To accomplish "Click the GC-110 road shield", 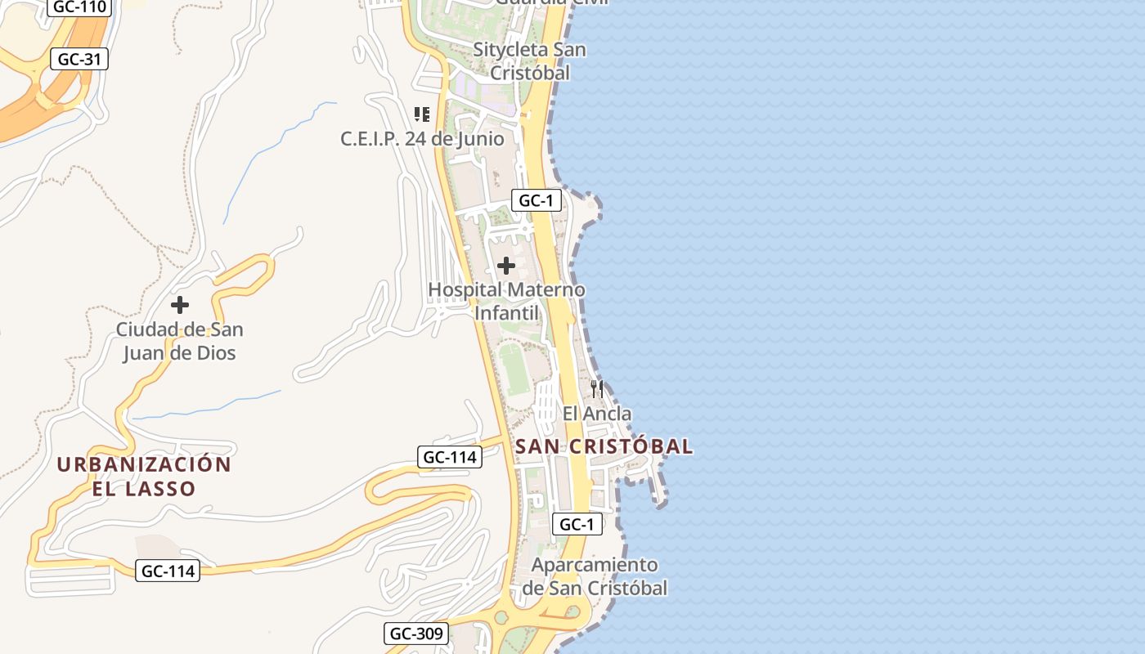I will coord(79,7).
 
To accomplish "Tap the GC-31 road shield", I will coord(79,59).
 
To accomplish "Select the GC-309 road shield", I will coord(416,633).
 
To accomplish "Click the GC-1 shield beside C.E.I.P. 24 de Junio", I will coord(537,200).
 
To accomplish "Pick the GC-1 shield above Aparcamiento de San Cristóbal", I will coord(577,524).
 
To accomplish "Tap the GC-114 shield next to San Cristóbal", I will coord(450,457).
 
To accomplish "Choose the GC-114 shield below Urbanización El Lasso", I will coord(168,571).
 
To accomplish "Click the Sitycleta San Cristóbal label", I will coord(529,60).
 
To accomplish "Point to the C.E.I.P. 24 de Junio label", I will coord(422,139).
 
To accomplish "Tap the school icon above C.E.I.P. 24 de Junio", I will coord(422,114).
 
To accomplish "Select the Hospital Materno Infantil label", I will coord(506,301).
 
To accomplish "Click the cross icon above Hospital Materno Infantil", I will coord(506,266).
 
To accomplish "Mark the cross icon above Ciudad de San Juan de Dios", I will coord(180,305).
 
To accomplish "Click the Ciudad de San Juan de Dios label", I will coord(179,341).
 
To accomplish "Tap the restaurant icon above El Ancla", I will coord(597,388).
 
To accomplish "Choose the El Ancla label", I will coord(597,414).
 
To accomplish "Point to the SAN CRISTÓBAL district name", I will coord(604,446).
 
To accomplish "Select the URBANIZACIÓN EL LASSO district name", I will coord(144,477).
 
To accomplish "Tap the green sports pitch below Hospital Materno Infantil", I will coord(515,370).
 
